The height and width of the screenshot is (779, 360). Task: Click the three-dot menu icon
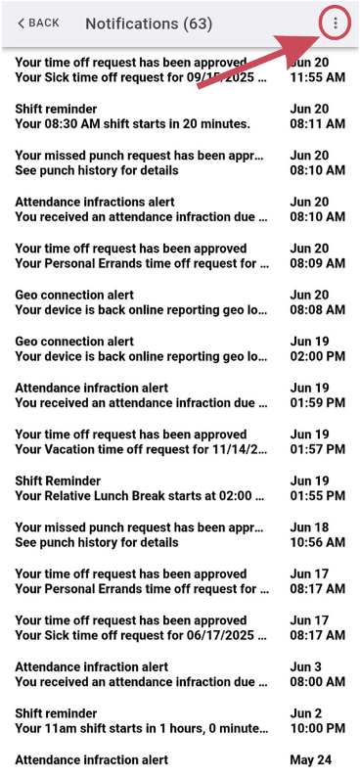[x=336, y=23]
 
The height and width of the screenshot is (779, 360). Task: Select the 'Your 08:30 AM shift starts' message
[x=133, y=124]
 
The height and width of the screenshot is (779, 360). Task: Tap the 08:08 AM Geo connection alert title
[x=74, y=295]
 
